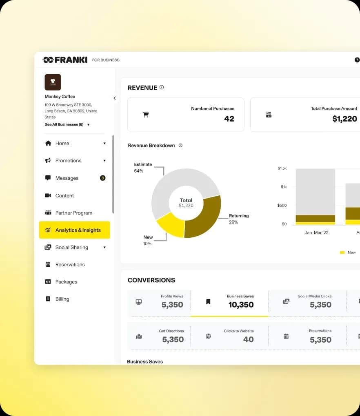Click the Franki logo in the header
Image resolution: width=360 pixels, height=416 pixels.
coord(65,60)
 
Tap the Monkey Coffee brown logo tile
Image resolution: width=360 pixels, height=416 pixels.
coord(53,82)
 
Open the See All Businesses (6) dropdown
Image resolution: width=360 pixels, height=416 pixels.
coord(67,124)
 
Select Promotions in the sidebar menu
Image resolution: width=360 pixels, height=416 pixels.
coord(68,161)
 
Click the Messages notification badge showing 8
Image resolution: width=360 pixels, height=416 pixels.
coord(103,178)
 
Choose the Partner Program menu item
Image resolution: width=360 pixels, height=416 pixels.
coord(74,213)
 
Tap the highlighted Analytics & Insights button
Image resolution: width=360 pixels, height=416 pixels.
coord(75,230)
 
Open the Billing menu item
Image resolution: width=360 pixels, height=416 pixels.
coord(62,299)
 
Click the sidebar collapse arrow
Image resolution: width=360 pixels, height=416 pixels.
coord(115,98)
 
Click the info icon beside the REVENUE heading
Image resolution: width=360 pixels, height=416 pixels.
coord(162,87)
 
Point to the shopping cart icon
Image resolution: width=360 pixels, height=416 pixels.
coord(146,115)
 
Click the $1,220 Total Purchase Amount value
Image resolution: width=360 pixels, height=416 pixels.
coord(344,119)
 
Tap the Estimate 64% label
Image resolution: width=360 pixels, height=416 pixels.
coord(143,168)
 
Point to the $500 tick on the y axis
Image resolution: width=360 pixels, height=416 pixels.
coord(282,205)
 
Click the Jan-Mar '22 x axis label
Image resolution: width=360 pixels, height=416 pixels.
coord(316,232)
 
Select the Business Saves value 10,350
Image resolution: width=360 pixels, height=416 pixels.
coord(241,305)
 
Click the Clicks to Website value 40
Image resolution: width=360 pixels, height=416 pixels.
coord(249,339)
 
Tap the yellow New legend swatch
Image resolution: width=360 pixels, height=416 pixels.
coord(342,252)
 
